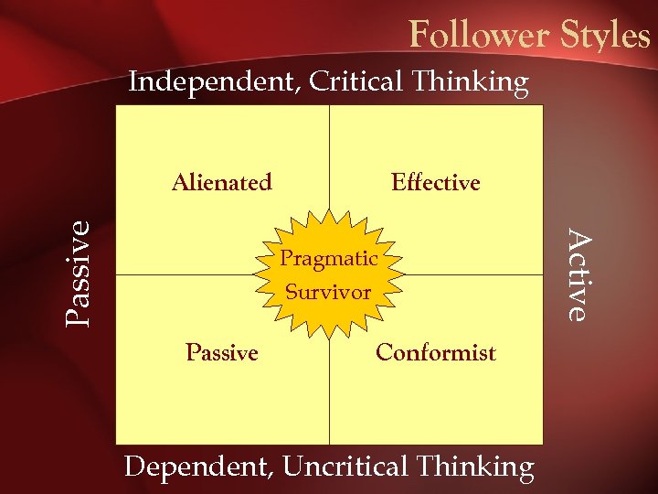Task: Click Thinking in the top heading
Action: pos(470,82)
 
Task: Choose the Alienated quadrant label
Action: pos(222,183)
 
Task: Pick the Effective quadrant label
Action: pos(435,183)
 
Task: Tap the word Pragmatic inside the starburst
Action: pos(329,259)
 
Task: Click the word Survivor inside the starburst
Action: pos(329,293)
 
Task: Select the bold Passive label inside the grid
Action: pos(222,352)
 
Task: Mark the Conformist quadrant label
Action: pos(436,352)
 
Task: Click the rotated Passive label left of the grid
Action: pos(80,273)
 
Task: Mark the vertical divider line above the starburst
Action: pos(329,156)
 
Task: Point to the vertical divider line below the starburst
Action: pos(329,393)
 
